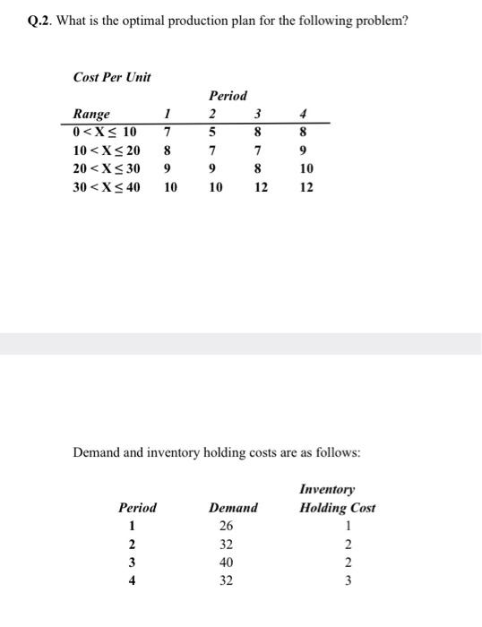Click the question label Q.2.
(40, 21)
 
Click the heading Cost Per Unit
(111, 77)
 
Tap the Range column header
(91, 114)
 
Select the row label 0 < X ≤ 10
(104, 133)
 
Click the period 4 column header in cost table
(306, 114)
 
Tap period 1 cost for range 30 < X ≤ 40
(170, 187)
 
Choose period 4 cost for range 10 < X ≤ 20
(306, 150)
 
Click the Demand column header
(233, 508)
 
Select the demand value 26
(226, 526)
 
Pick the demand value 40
(226, 562)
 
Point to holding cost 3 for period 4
(349, 580)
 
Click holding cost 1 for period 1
(349, 526)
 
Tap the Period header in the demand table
(137, 508)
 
